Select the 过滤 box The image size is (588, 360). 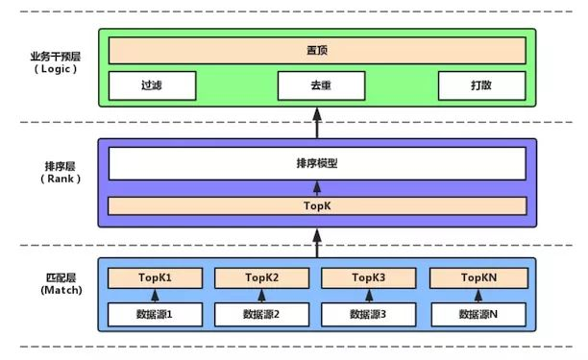(151, 85)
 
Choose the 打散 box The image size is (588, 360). (482, 85)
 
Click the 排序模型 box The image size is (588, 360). (317, 163)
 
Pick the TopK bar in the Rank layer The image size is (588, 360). (317, 205)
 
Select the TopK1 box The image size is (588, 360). (154, 278)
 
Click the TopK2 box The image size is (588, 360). (261, 278)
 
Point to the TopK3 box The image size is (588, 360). (369, 278)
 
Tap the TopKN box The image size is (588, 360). (478, 278)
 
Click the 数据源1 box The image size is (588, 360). (154, 314)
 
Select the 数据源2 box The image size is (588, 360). (261, 314)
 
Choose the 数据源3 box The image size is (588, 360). (369, 314)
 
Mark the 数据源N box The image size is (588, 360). (478, 314)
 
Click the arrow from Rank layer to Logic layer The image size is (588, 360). (317, 123)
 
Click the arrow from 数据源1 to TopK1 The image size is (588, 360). (154, 296)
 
